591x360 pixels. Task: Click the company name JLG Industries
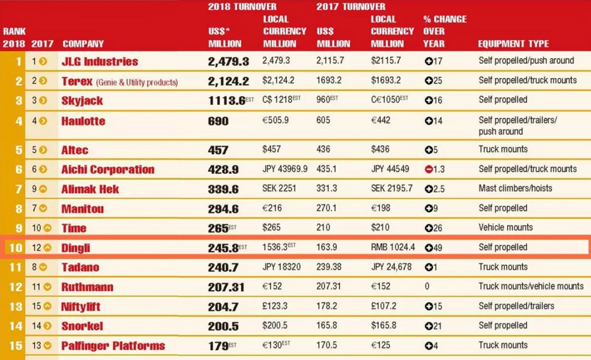[99, 61]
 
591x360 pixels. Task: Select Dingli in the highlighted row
[76, 248]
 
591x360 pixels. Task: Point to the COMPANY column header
[83, 44]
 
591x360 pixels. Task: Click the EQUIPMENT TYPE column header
[513, 44]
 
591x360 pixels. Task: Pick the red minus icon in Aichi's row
[429, 169]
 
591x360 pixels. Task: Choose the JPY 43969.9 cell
[285, 169]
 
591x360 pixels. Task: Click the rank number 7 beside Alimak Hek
[18, 189]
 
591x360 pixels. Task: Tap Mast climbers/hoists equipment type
[515, 189]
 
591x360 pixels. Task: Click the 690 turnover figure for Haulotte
[218, 122]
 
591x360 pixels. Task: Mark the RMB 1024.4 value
[394, 248]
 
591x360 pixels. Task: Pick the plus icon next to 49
[429, 248]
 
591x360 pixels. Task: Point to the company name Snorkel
[82, 326]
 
